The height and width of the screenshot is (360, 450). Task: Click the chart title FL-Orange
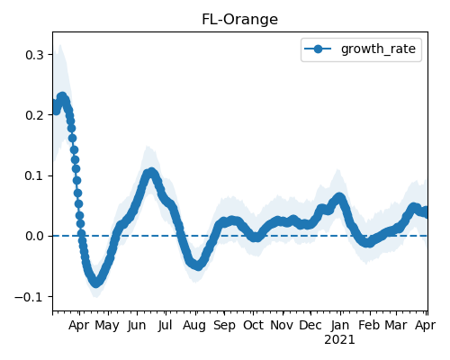coord(239,20)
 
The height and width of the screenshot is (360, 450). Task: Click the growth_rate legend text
coord(378,49)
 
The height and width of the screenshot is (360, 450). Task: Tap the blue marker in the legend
coord(318,49)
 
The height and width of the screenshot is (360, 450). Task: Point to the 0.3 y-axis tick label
coord(34,55)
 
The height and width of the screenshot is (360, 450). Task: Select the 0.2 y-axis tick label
coord(34,115)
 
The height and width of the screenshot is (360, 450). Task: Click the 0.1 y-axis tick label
coord(34,175)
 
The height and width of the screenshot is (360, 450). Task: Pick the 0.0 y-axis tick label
coord(34,236)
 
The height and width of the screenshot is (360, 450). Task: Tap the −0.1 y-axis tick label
coord(30,297)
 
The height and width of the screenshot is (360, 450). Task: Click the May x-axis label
coord(107,326)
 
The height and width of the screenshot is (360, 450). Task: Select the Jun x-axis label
coord(137,326)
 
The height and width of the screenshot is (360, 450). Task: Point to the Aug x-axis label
coord(194,326)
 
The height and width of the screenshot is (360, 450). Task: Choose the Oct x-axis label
coord(253,325)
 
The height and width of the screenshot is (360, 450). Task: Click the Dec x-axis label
coord(310,325)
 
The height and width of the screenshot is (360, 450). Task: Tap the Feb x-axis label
coord(369,325)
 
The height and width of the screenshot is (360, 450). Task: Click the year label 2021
coord(339,340)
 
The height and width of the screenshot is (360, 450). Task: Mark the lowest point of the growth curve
coord(95,283)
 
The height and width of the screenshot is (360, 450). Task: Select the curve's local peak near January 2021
coord(339,197)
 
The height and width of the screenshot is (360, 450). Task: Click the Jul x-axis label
coord(166,325)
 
